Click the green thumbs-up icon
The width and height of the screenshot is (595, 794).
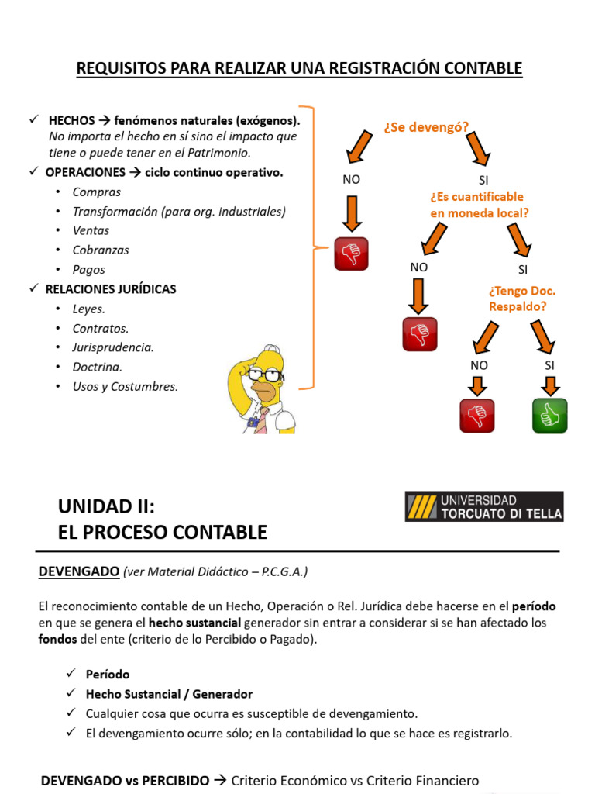click(x=549, y=416)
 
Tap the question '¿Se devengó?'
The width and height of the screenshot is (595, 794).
click(x=425, y=127)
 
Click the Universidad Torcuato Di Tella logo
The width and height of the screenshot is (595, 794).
click(x=484, y=506)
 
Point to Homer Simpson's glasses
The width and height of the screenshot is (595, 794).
click(x=263, y=375)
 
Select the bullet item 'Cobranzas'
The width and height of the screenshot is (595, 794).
click(x=101, y=250)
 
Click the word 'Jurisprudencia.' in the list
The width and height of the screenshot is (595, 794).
click(x=113, y=347)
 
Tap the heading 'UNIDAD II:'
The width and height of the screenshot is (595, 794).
click(x=107, y=507)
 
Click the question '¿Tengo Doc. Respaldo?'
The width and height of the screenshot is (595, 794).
click(x=522, y=299)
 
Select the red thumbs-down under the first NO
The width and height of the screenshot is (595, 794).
click(x=351, y=254)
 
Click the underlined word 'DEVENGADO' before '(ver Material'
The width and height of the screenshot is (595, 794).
click(x=78, y=572)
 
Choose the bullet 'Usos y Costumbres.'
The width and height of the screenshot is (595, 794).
click(x=125, y=386)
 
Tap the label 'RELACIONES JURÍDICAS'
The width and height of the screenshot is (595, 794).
click(x=111, y=289)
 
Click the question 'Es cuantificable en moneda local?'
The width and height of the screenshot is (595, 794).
click(x=479, y=205)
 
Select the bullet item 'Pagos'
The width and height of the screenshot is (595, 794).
click(x=88, y=270)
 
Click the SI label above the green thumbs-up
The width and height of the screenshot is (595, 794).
click(x=550, y=364)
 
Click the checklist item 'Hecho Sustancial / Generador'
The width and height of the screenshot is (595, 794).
click(x=169, y=694)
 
